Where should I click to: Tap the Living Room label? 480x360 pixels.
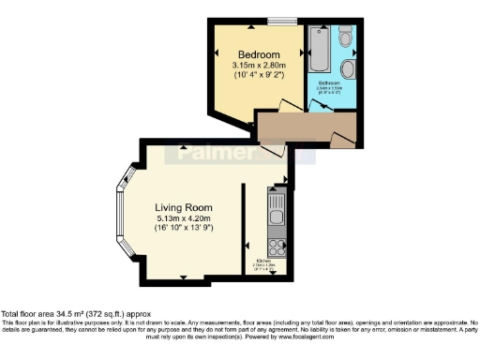click(184, 207)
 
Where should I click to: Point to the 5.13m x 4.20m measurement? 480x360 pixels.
click(184, 217)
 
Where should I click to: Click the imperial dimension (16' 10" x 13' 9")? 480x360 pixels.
click(184, 228)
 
